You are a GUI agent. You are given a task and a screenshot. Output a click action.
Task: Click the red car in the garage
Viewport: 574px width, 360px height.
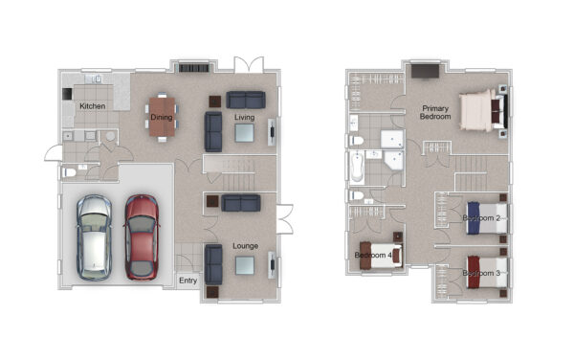pos(142,236)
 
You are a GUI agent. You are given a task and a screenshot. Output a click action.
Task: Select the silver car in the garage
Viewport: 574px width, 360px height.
pos(94,237)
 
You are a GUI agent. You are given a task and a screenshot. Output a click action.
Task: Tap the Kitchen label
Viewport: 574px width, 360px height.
pos(93,106)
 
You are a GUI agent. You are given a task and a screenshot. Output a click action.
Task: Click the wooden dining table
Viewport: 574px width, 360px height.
pos(162,117)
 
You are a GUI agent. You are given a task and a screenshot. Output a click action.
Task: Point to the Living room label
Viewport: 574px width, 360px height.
pos(245,117)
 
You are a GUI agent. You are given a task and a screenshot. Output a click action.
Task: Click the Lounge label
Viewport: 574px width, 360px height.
pos(245,246)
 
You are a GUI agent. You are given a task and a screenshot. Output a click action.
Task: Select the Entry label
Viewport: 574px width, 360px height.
pos(188,281)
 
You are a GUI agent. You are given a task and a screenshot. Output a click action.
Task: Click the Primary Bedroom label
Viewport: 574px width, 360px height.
pos(435,112)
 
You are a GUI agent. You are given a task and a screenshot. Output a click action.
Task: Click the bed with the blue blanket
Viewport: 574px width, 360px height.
pos(487,218)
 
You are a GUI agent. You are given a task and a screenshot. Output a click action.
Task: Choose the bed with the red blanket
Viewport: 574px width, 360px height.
pos(487,272)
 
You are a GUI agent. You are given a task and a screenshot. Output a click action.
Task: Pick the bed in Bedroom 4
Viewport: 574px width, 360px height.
pos(381,255)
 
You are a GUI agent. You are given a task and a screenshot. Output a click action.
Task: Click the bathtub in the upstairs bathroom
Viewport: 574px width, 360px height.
pos(357,167)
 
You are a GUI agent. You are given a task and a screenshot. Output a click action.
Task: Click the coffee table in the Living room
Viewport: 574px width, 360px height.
pos(244,132)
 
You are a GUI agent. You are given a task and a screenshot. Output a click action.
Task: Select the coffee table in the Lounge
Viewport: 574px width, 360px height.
pos(245,265)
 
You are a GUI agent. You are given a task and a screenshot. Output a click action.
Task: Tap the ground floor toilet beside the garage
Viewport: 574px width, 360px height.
pos(70,172)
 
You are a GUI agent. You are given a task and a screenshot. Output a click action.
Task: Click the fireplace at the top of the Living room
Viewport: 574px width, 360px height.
pos(193,68)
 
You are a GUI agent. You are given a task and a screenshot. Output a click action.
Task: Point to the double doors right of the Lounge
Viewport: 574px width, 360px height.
pos(285,219)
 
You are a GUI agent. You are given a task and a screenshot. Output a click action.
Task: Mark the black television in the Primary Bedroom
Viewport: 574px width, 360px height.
pos(425,71)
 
